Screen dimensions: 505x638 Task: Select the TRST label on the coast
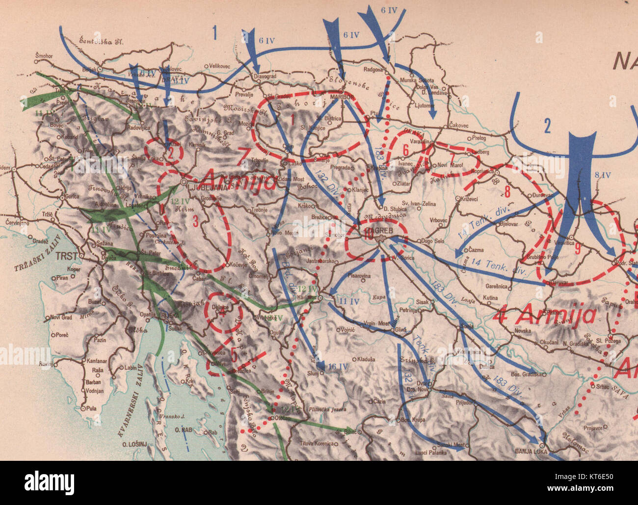[x=67, y=256]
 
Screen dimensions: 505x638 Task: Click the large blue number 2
[x=548, y=127]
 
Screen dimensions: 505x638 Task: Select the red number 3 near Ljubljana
[x=195, y=221]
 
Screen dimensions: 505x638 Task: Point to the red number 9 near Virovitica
[x=578, y=249]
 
